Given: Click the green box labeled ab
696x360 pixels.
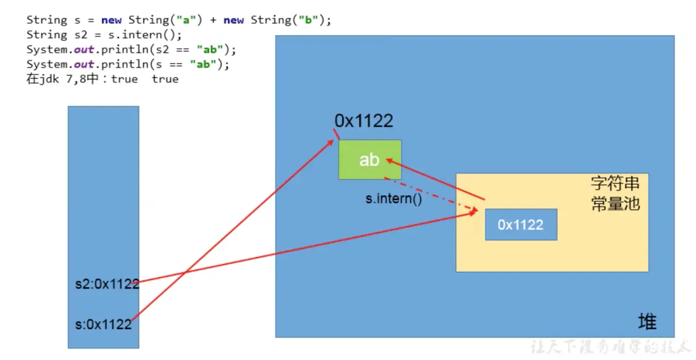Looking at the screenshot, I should pos(370,159).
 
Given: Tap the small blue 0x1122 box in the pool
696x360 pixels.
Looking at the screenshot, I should pos(521,225).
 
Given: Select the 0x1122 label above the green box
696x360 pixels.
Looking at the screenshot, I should pos(364,121).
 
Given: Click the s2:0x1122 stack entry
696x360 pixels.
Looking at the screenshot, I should pos(107,284).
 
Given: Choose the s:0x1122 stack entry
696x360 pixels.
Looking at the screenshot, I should pos(103,325).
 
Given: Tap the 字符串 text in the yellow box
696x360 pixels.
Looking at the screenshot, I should pos(614,183).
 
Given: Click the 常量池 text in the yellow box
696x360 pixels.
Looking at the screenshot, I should pos(614,204).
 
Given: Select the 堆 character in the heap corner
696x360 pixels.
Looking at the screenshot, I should pos(647,322).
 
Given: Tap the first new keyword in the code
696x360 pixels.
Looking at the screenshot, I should pos(111,20).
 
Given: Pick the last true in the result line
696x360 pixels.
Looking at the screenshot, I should pos(165,79).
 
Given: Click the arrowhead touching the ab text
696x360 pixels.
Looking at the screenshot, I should pos(389,160).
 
